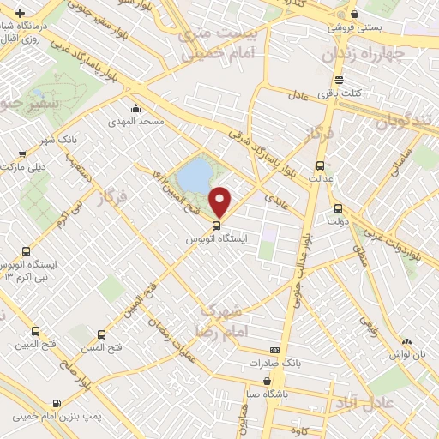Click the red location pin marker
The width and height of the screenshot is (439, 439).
point(220,201)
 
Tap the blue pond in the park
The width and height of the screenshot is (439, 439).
point(199,175)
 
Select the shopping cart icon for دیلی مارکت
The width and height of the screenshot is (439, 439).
point(21,154)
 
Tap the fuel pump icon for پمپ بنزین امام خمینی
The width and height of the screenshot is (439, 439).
point(57,403)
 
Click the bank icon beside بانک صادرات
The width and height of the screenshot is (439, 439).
point(274,350)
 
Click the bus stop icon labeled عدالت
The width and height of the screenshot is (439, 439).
point(320,166)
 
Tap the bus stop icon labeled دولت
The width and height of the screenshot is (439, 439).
point(338,207)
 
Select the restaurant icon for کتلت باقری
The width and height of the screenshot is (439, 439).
point(339,79)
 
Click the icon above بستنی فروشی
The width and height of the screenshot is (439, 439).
point(355,14)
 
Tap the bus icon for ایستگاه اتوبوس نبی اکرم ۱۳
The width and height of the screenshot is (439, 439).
point(26,252)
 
